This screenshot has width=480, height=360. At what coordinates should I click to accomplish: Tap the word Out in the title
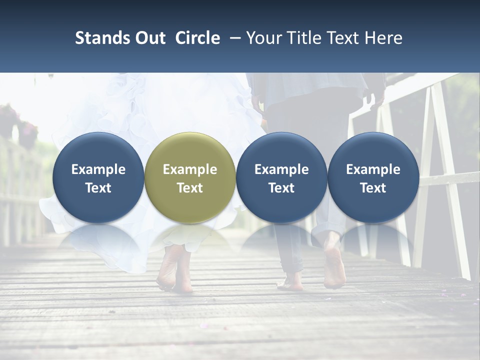pyautogui.click(x=149, y=38)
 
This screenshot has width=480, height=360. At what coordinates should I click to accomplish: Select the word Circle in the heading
pyautogui.click(x=197, y=38)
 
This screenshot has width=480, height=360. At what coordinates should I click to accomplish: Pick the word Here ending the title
pyautogui.click(x=384, y=38)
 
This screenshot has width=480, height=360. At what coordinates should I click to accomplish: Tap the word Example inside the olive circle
pyautogui.click(x=190, y=169)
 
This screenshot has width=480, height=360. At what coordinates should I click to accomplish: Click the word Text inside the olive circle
pyautogui.click(x=190, y=188)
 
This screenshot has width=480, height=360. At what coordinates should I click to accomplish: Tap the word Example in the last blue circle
pyautogui.click(x=373, y=169)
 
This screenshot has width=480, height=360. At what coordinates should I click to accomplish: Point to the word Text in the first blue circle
pyautogui.click(x=98, y=188)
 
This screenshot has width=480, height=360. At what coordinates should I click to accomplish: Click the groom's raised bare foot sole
pyautogui.click(x=334, y=265)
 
